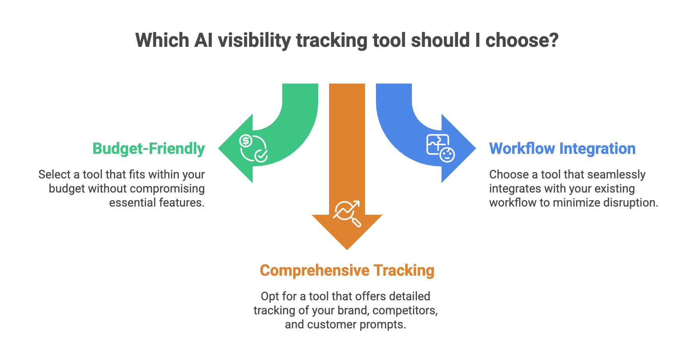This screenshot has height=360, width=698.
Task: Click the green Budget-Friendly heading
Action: [x=148, y=149]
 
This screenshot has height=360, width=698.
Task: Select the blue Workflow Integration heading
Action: [x=562, y=149]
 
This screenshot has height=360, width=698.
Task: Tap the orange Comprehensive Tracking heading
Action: [x=347, y=271]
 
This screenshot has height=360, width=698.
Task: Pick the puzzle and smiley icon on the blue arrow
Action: [x=440, y=148]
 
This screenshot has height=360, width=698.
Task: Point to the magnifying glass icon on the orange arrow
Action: [x=347, y=213]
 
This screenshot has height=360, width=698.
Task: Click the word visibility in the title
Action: [x=254, y=41]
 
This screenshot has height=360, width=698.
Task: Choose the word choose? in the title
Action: [x=522, y=41]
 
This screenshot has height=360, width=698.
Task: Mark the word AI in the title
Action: [x=203, y=41]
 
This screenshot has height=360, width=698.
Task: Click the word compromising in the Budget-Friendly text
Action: [x=169, y=189]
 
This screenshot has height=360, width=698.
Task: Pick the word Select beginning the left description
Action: [x=54, y=175]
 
